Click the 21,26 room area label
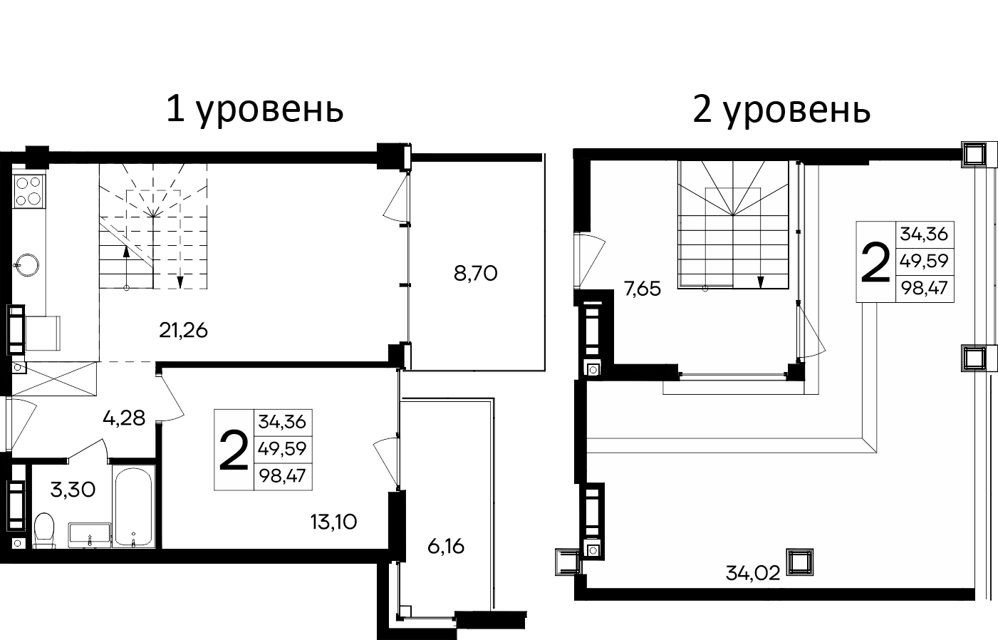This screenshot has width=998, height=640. (184, 331)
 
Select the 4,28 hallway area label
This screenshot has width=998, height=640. (124, 418)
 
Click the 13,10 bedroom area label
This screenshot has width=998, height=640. (333, 522)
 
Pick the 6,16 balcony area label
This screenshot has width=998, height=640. (447, 547)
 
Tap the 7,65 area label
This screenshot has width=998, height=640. (642, 289)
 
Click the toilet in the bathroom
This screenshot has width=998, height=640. (44, 530)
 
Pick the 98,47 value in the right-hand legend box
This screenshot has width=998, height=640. (925, 289)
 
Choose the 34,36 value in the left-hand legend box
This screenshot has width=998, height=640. (282, 422)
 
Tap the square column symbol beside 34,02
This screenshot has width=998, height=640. (799, 562)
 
